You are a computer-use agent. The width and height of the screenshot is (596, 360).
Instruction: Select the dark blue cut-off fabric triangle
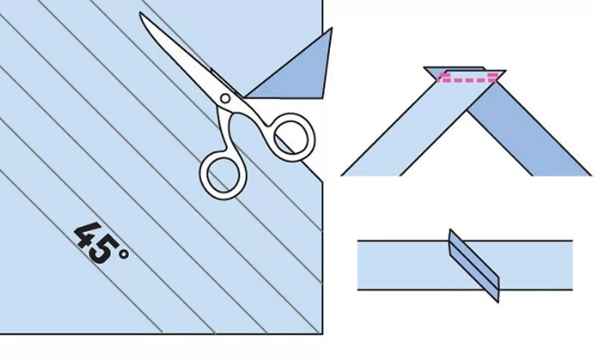coord(296,73)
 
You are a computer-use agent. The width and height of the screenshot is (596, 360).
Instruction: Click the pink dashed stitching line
coord(468,77)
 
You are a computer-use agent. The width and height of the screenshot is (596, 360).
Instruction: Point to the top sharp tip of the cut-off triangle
coord(331,28)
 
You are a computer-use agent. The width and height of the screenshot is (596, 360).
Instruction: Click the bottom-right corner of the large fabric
coord(323,335)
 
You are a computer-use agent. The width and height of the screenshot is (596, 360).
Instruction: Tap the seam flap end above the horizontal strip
coord(450,233)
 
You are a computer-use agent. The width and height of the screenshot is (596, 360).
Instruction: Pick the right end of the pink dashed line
coord(497,77)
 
